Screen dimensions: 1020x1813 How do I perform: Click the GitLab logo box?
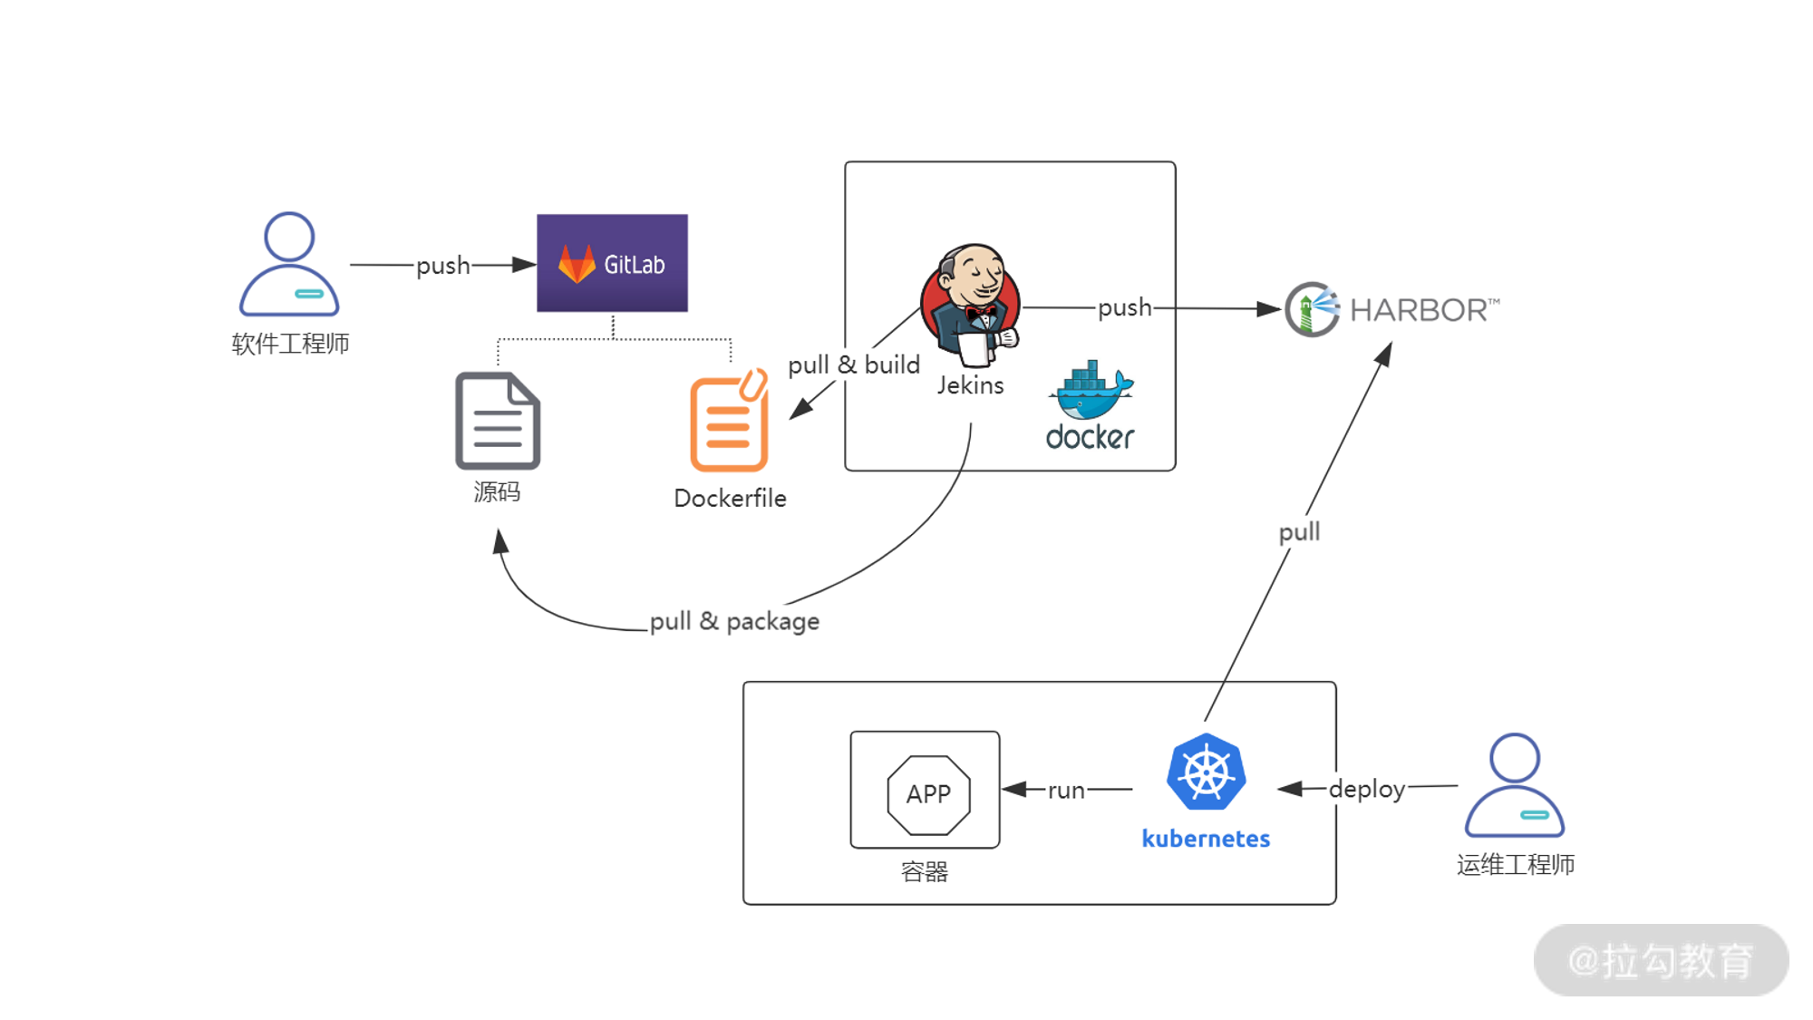click(x=612, y=263)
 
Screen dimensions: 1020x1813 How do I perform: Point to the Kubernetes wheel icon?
click(x=1206, y=772)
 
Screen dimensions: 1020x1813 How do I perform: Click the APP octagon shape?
click(x=928, y=794)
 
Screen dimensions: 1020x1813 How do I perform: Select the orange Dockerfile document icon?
click(x=729, y=422)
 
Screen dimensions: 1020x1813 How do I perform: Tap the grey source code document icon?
click(x=498, y=421)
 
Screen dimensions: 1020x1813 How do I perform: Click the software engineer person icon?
click(x=289, y=264)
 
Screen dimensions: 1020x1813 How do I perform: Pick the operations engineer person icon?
click(x=1515, y=785)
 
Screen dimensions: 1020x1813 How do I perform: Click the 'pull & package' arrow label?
click(x=734, y=621)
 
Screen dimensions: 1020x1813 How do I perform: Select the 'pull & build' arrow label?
click(x=854, y=364)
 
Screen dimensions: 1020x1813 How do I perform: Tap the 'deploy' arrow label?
click(x=1366, y=789)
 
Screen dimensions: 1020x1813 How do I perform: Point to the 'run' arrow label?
click(x=1066, y=791)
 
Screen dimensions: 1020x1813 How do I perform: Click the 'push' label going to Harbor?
click(x=1124, y=307)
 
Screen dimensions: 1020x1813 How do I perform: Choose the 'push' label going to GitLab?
click(x=442, y=266)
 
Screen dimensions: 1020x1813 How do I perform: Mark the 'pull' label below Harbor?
click(x=1299, y=532)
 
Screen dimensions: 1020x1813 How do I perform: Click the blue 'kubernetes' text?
click(x=1206, y=839)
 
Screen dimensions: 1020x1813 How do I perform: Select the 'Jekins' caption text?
click(x=970, y=385)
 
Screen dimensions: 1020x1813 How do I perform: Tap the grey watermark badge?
click(x=1661, y=960)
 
